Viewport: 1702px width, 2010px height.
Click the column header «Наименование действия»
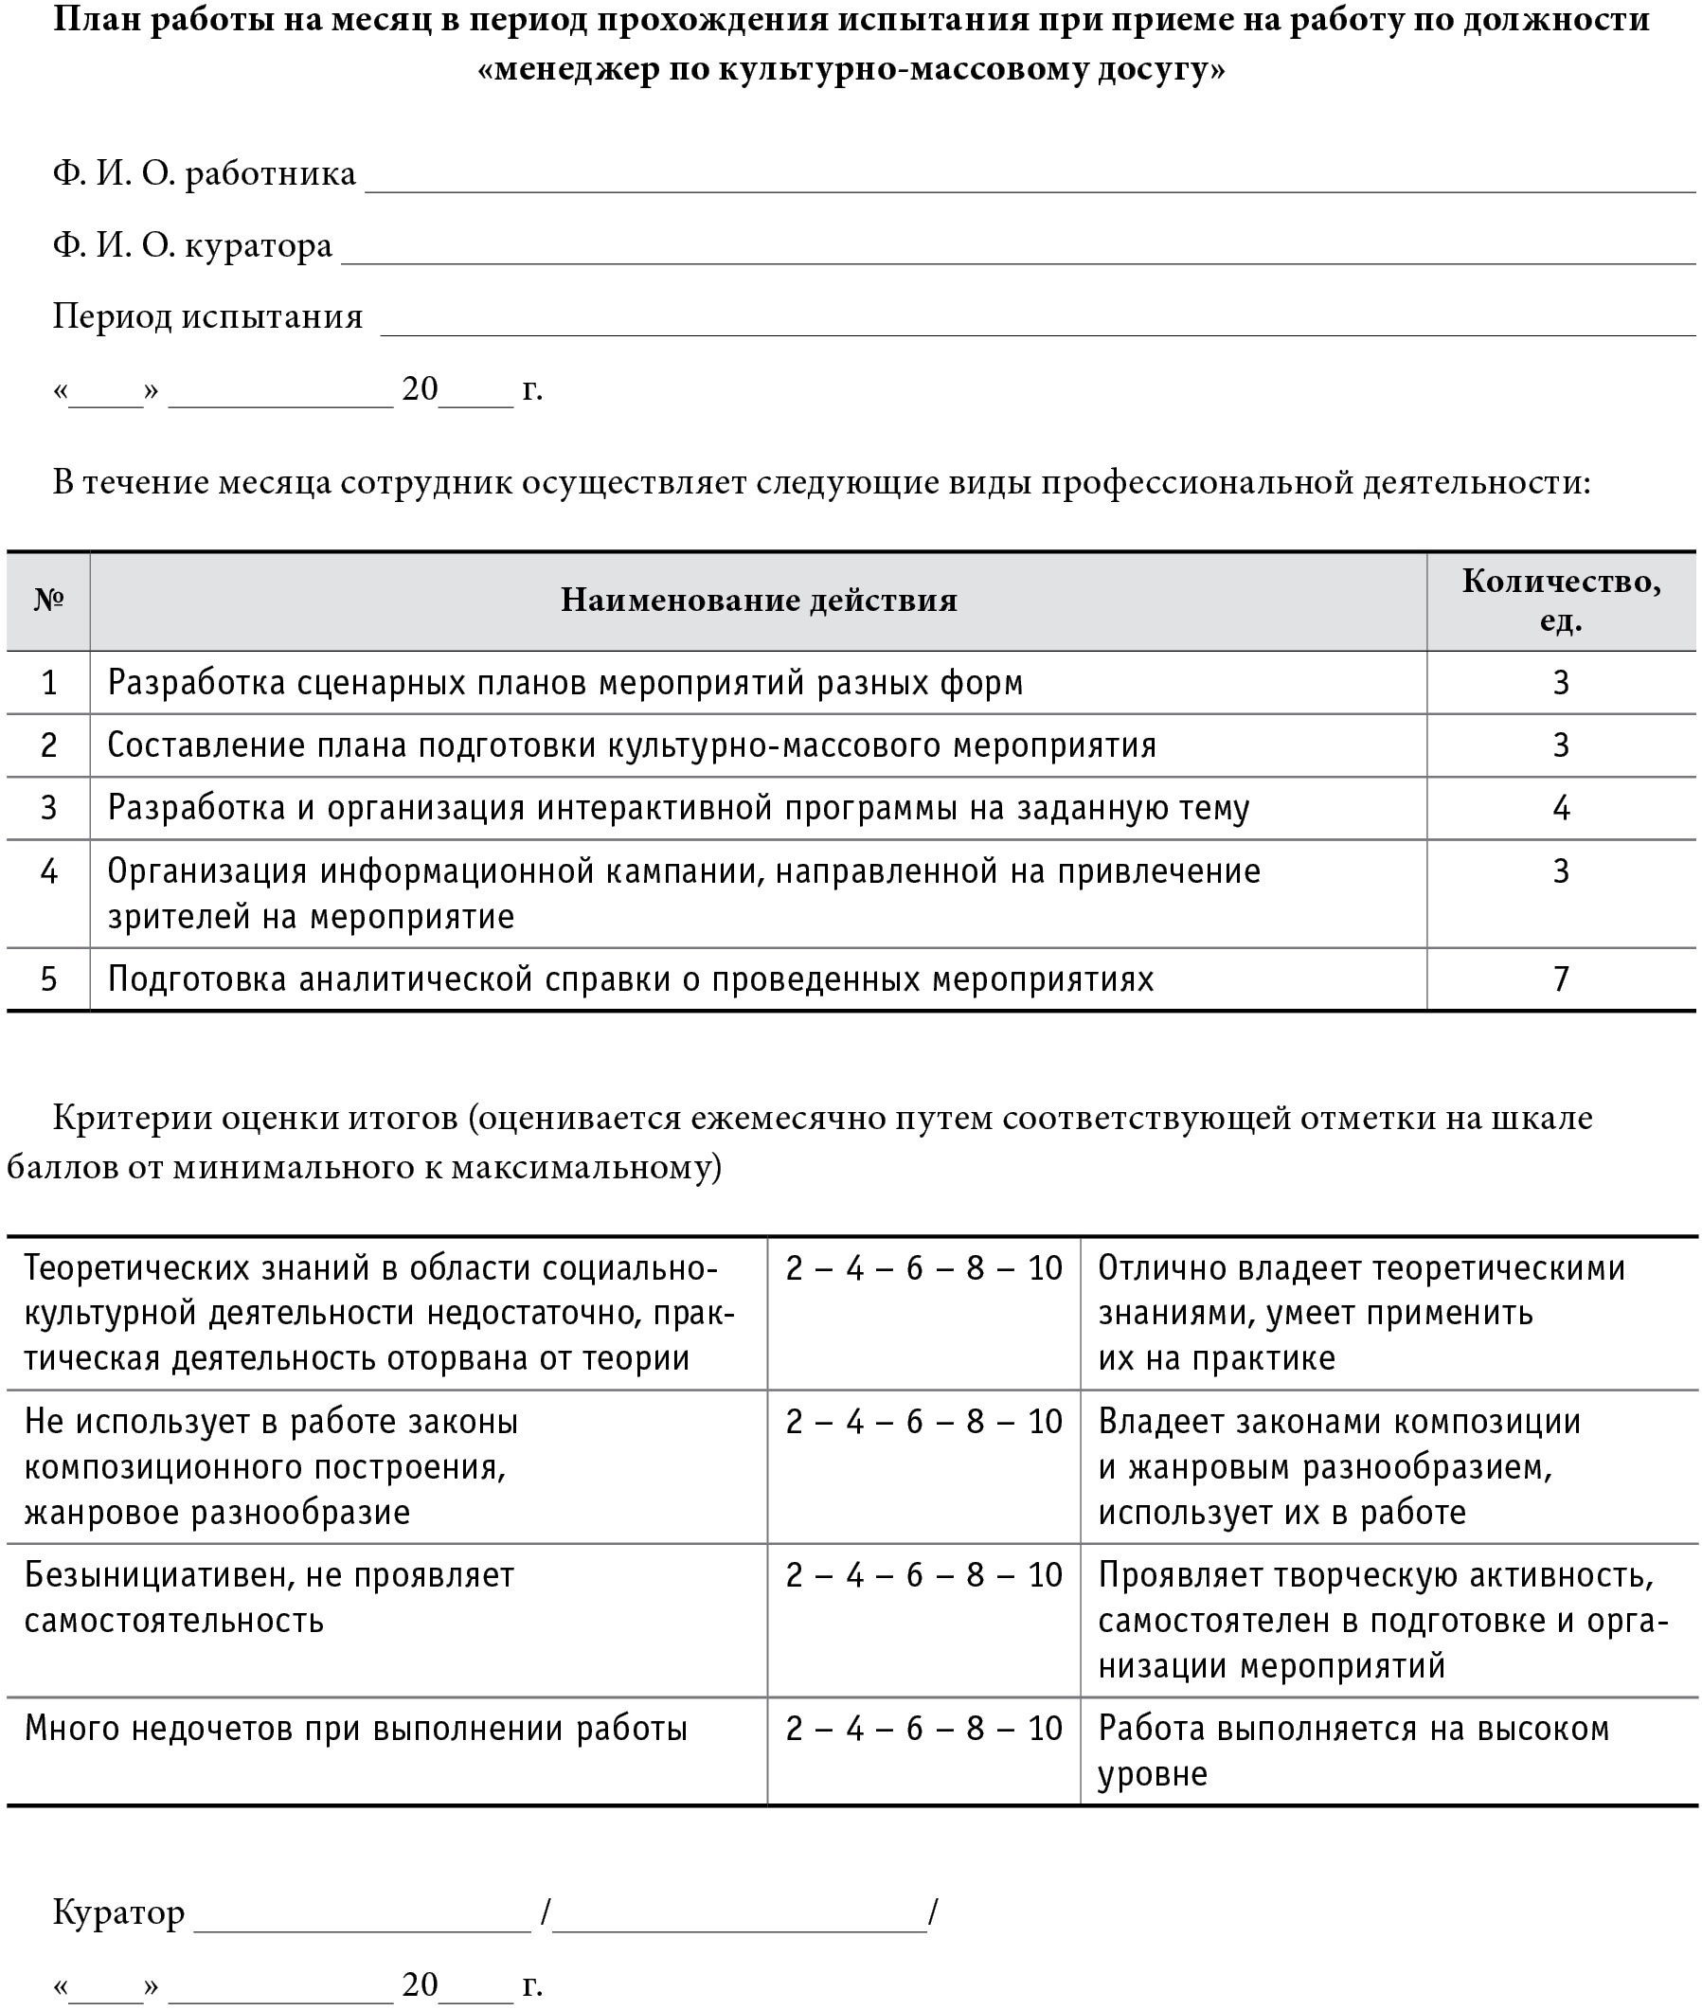pyautogui.click(x=759, y=601)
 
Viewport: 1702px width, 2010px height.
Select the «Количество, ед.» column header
pyautogui.click(x=1560, y=601)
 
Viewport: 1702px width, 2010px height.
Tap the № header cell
pyautogui.click(x=48, y=601)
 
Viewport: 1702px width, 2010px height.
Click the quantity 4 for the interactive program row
pyautogui.click(x=1560, y=808)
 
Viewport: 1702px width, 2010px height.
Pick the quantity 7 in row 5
pyautogui.click(x=1560, y=979)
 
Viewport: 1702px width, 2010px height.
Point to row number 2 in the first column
pyautogui.click(x=48, y=745)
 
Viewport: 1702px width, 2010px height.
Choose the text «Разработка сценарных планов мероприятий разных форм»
pyautogui.click(x=564, y=683)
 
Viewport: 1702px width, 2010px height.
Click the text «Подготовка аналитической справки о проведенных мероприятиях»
pyautogui.click(x=630, y=979)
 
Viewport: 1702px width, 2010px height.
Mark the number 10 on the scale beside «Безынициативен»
pyautogui.click(x=1044, y=1575)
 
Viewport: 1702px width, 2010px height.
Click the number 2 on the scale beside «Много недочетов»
pyautogui.click(x=794, y=1729)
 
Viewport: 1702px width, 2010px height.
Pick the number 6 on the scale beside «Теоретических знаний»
pyautogui.click(x=915, y=1268)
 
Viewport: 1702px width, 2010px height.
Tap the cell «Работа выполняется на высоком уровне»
pyautogui.click(x=1353, y=1750)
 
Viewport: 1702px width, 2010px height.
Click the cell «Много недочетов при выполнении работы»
pyautogui.click(x=355, y=1729)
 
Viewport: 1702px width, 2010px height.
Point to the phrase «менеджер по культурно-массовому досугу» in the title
pyautogui.click(x=851, y=69)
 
